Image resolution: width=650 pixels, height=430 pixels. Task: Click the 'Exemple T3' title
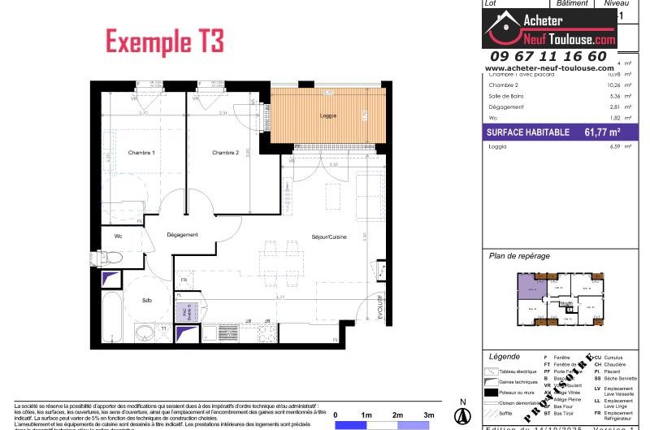(x=165, y=41)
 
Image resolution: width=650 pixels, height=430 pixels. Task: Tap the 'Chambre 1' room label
(x=141, y=153)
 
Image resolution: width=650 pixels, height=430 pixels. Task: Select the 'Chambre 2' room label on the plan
(x=225, y=153)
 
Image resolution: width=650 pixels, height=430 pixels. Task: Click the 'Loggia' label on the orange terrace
(x=328, y=116)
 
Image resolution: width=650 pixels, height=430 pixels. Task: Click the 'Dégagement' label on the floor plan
(x=182, y=235)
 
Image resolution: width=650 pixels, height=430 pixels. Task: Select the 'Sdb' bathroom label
(x=146, y=300)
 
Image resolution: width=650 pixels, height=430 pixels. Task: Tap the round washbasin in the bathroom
(x=145, y=332)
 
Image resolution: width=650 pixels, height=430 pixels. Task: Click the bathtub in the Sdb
(x=111, y=317)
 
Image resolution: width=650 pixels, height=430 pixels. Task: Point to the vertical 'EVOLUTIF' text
(x=379, y=307)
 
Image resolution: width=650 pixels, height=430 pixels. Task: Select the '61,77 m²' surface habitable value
(x=602, y=131)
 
